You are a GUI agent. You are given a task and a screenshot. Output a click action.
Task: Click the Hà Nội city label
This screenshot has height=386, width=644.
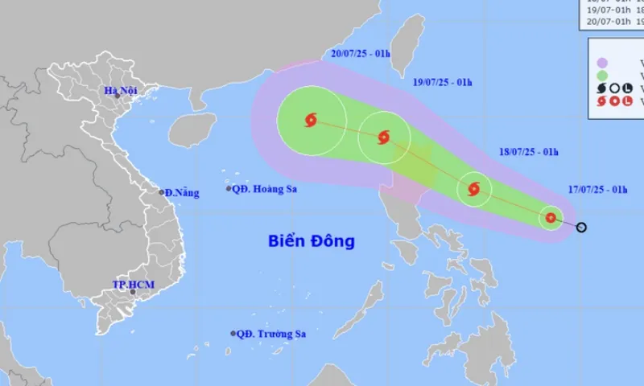[x=121, y=90]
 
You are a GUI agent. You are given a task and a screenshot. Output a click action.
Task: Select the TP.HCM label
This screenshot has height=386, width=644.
[x=133, y=285]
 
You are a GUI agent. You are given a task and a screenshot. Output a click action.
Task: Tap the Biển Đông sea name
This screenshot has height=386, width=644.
[x=312, y=240]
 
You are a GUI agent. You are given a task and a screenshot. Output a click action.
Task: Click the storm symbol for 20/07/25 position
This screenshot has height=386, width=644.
[x=311, y=121]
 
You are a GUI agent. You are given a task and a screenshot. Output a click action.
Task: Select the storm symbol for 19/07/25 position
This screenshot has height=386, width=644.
[x=383, y=137]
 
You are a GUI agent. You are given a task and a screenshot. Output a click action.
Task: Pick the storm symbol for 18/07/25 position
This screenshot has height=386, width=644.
[x=473, y=189]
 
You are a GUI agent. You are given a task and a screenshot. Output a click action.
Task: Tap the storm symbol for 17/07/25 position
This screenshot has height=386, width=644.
[x=551, y=217]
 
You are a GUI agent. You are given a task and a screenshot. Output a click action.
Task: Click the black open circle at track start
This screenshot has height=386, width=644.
[x=581, y=227]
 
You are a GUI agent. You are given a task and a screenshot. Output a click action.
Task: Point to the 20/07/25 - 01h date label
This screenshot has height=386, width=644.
[x=360, y=54]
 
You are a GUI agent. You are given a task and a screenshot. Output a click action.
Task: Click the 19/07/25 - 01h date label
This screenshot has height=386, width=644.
[x=442, y=82]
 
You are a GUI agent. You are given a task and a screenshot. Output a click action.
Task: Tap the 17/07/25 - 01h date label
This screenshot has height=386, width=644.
[x=597, y=190]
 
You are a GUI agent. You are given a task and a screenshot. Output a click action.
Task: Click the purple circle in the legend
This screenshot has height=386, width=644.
[x=602, y=62]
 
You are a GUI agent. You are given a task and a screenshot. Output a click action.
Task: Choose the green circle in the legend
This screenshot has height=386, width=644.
[x=602, y=76]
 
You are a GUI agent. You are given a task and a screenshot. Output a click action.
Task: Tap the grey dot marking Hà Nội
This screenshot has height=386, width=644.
[x=117, y=96]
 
